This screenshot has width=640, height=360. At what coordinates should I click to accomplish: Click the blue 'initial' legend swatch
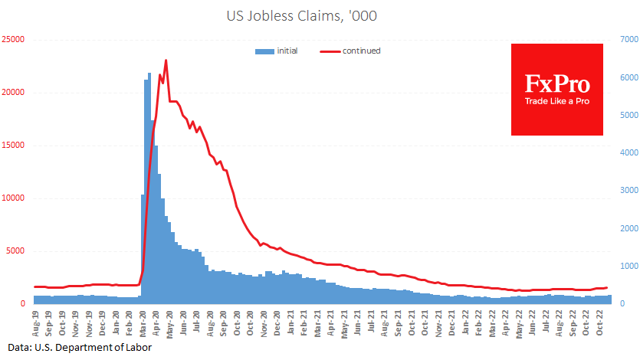coord(264,51)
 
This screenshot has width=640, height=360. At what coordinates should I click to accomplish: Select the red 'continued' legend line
coord(330,51)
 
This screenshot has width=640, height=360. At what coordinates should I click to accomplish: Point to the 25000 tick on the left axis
coord(14,39)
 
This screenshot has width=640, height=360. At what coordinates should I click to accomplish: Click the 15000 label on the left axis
coord(14,145)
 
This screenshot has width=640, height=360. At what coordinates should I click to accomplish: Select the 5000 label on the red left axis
coord(16,250)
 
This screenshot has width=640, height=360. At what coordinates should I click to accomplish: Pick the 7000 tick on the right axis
coord(629,39)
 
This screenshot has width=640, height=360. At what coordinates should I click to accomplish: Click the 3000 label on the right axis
coord(629,190)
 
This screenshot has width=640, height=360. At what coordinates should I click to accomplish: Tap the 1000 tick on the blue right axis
coord(629,266)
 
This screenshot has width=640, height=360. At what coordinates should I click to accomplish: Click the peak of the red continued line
coord(166,61)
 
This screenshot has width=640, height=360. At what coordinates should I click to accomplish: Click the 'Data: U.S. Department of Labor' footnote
coord(80,348)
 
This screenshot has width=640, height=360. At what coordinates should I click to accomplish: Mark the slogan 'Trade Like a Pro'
coord(556,101)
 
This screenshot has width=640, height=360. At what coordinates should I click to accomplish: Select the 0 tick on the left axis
coord(23,303)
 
